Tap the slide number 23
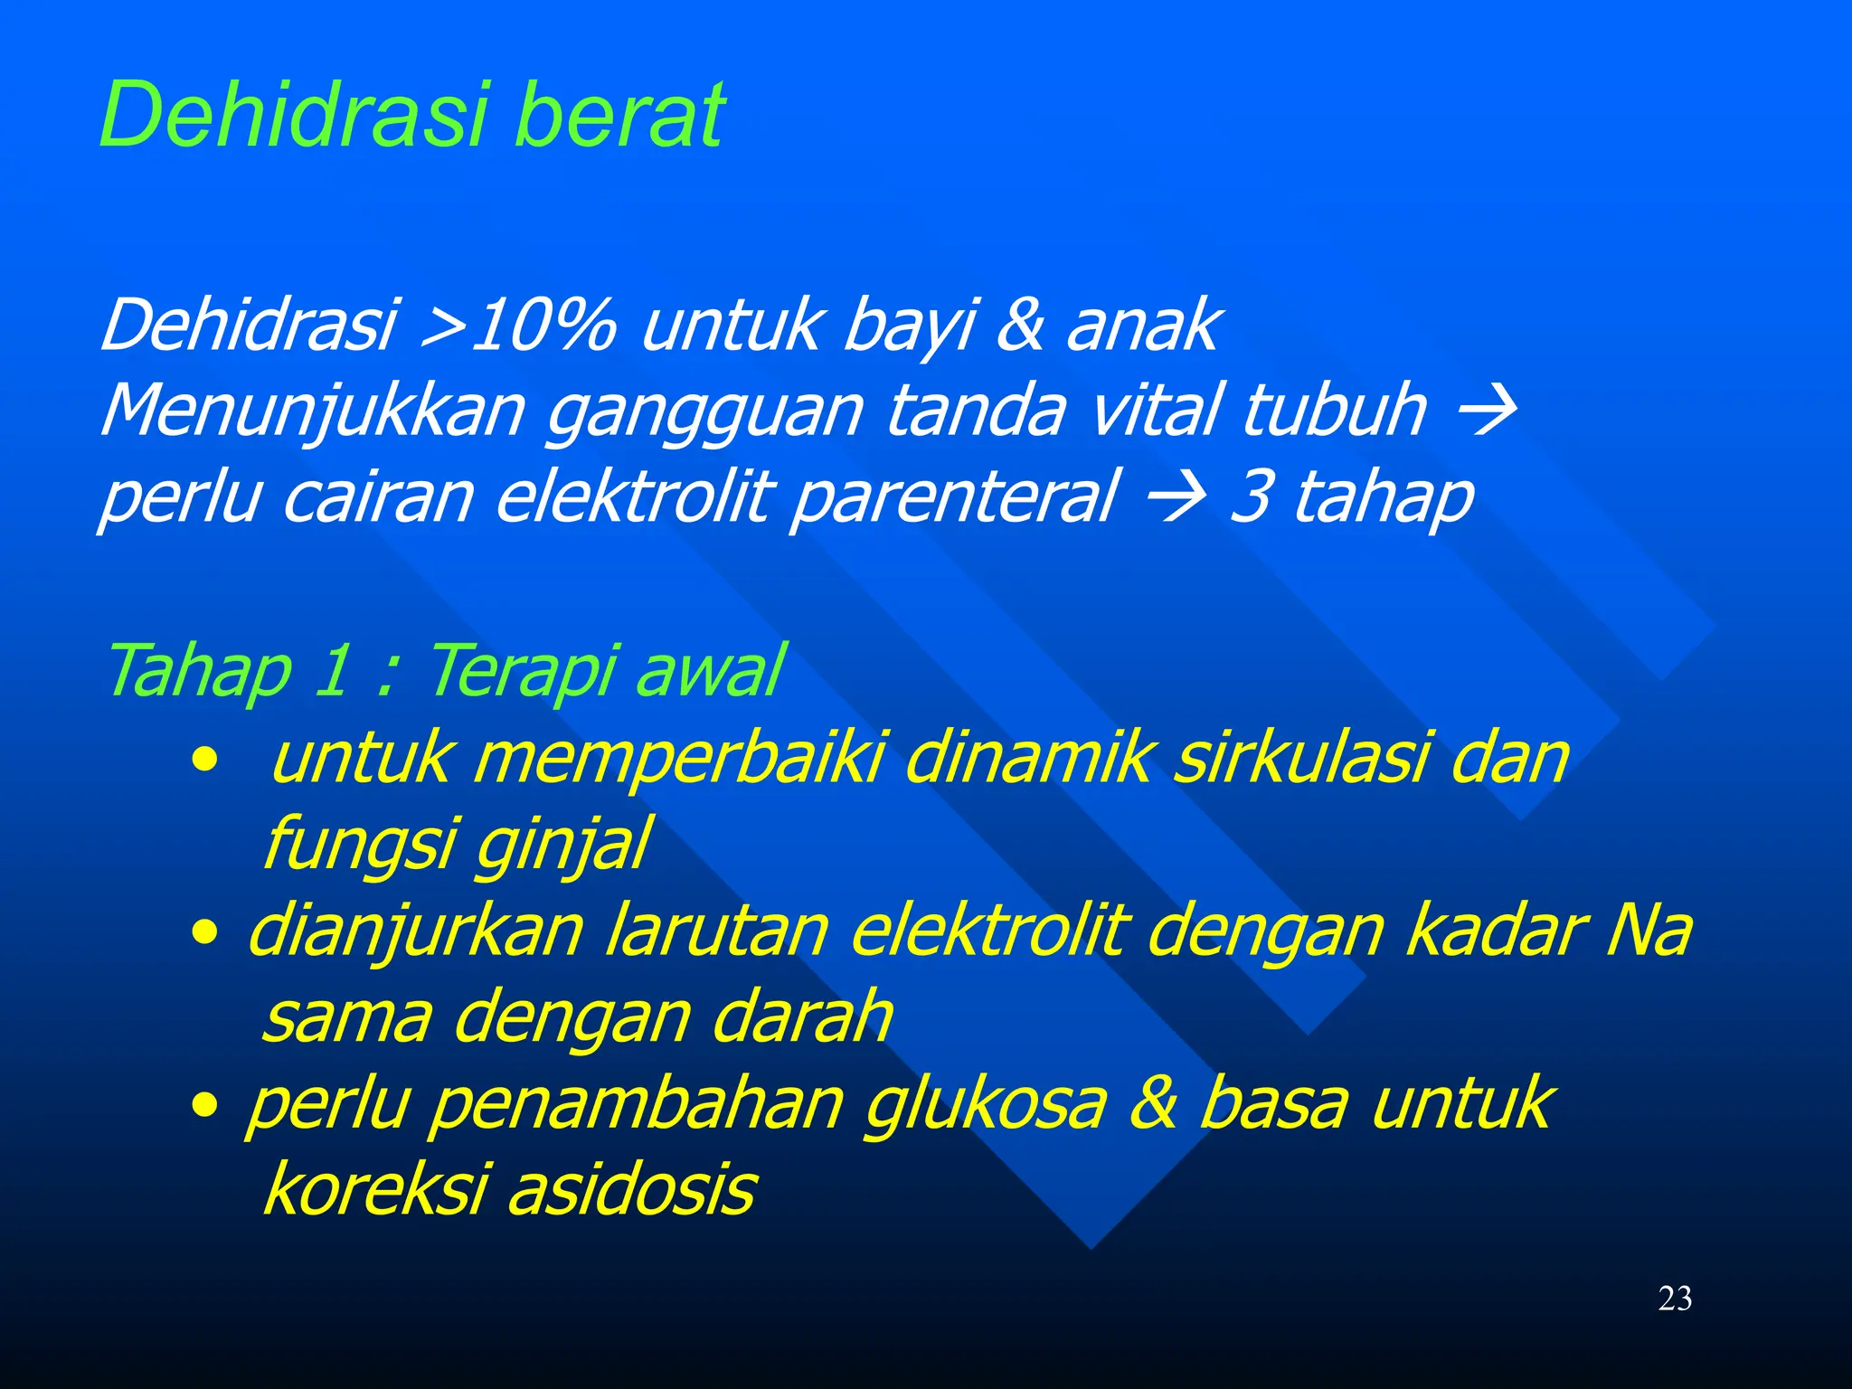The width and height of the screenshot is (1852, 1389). coord(1675,1299)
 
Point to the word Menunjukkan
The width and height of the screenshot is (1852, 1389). coord(313,411)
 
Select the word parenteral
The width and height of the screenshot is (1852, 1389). coord(955,497)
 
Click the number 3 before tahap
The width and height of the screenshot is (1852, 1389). coord(1250,496)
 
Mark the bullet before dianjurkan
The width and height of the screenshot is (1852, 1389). coord(205,931)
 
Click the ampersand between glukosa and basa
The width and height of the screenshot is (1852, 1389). coord(1153,1102)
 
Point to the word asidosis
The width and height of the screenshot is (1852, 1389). coord(631,1190)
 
